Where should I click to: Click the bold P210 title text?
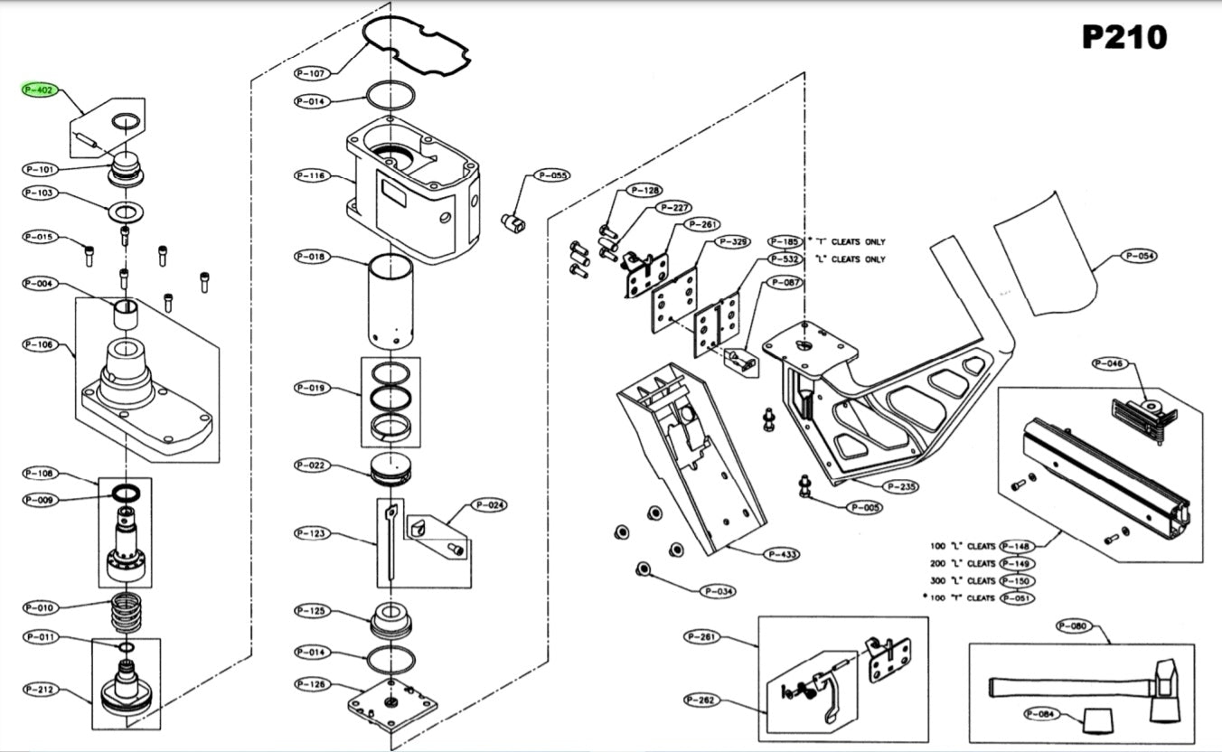tap(1124, 37)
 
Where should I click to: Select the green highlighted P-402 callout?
tap(41, 90)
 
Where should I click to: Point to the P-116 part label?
tap(314, 175)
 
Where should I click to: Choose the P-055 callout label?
tap(551, 175)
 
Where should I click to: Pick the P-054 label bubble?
tap(1142, 256)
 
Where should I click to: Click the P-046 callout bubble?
tap(1109, 363)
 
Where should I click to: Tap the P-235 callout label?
tap(902, 486)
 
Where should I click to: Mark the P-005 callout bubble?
tap(865, 507)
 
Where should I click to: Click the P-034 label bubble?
tap(719, 591)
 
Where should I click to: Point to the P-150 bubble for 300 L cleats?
tap(1017, 580)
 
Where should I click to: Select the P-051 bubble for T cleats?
tap(1017, 597)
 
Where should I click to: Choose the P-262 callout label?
tap(701, 700)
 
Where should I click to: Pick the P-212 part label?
tap(41, 690)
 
